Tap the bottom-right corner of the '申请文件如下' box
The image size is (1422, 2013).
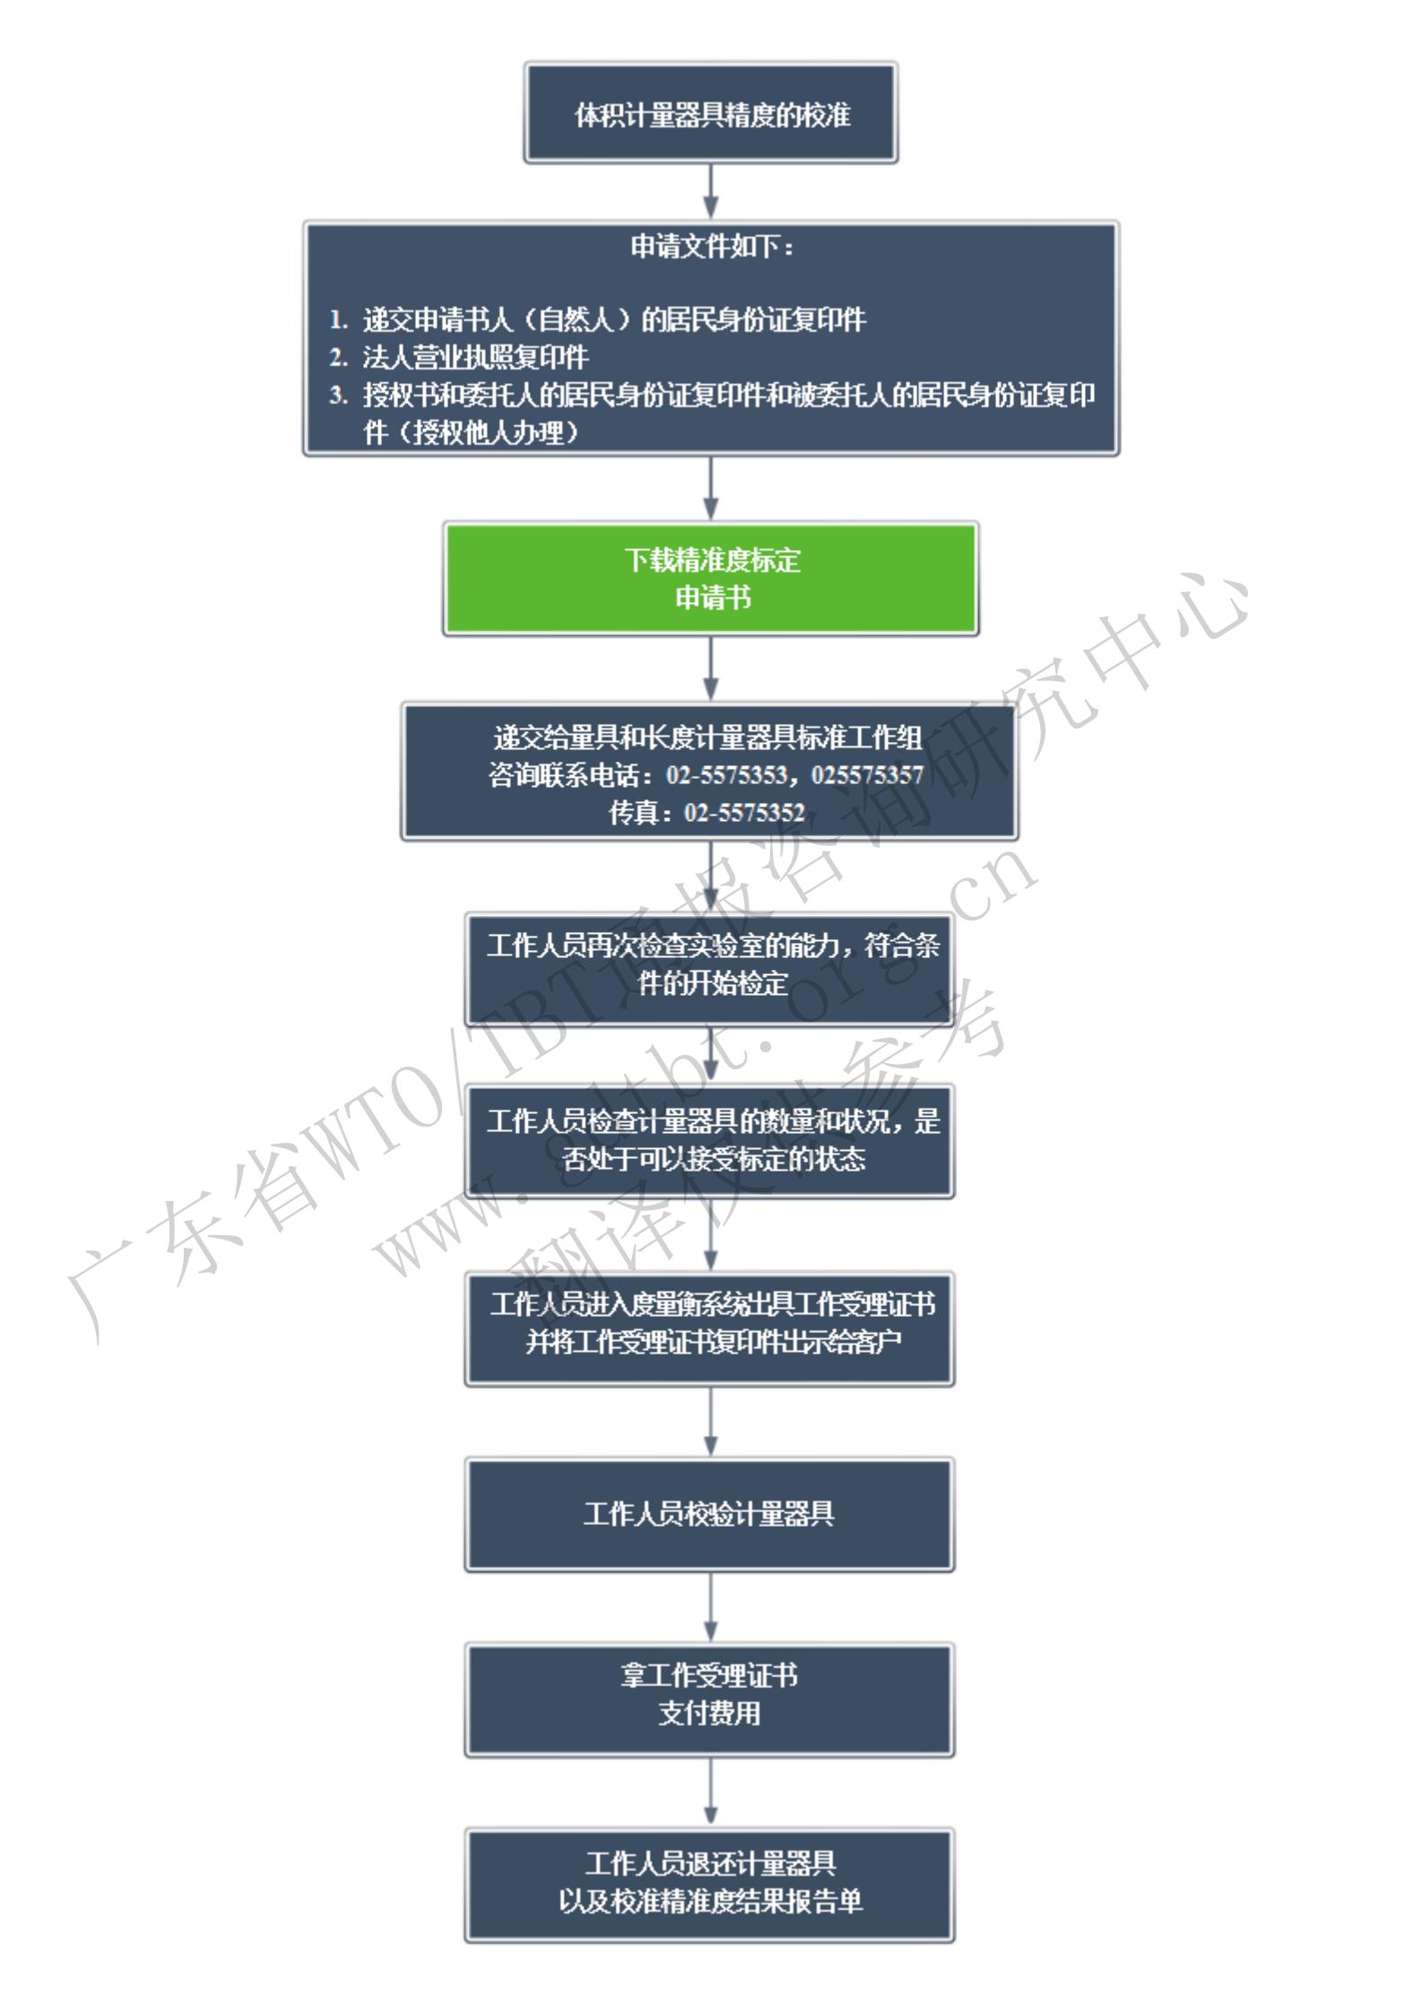(x=1118, y=454)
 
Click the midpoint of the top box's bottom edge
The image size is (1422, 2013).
(x=711, y=162)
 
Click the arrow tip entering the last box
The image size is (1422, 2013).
(x=711, y=1827)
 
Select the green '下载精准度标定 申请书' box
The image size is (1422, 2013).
(x=711, y=579)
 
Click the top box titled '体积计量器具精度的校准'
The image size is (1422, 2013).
(x=711, y=113)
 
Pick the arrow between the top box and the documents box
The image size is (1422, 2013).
(x=711, y=191)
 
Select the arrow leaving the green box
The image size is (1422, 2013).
(x=711, y=668)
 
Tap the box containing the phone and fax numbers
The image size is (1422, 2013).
(x=709, y=771)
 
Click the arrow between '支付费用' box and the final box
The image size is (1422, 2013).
(x=711, y=1791)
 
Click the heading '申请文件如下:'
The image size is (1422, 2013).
(x=712, y=247)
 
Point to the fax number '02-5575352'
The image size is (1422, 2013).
(x=744, y=813)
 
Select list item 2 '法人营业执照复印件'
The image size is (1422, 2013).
(x=475, y=357)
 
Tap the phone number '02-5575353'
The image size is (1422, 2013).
(x=726, y=774)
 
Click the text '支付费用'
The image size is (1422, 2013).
(x=709, y=1712)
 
